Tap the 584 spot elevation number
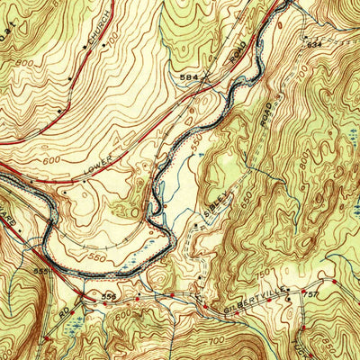coord(189,78)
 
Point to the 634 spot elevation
coord(313,43)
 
